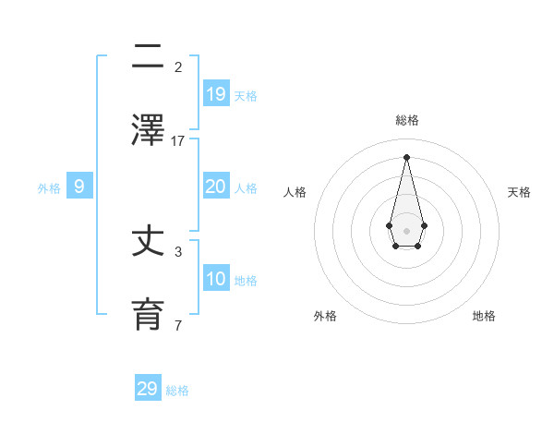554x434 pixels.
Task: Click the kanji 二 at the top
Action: tap(148, 57)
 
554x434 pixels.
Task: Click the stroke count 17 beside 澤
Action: tap(178, 140)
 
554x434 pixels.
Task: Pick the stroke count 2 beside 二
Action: tap(178, 66)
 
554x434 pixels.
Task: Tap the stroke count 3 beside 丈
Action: tap(178, 251)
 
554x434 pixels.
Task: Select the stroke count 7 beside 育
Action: tap(178, 325)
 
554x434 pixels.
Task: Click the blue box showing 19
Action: tap(215, 93)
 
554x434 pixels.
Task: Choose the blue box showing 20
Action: tap(215, 187)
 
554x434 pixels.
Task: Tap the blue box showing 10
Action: tap(215, 279)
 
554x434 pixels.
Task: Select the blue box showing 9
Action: tap(79, 187)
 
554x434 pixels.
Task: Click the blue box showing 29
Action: tap(148, 389)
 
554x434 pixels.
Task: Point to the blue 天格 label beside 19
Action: tap(246, 96)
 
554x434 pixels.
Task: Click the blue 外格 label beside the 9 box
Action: tap(49, 188)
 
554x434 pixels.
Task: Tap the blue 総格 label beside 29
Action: tap(177, 391)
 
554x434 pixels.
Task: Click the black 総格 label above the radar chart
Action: tap(406, 120)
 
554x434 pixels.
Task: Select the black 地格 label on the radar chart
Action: tap(484, 316)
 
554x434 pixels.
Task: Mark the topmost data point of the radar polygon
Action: tap(406, 156)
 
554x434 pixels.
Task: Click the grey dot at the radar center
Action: tap(406, 230)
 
